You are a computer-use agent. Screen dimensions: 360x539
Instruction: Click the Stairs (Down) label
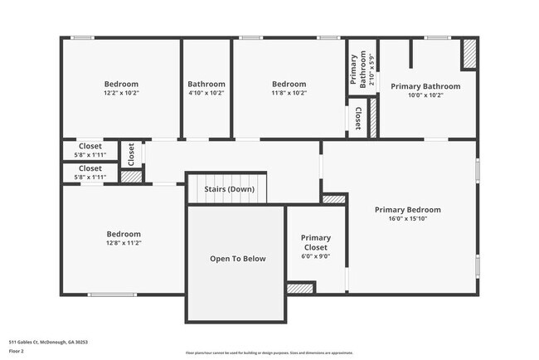[230, 189]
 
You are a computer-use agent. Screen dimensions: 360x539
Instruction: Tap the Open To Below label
[237, 259]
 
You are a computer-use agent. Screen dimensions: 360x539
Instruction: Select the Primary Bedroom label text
[407, 210]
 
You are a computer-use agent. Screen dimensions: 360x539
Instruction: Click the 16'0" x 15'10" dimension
[407, 219]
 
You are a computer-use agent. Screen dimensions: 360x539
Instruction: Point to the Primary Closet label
[315, 242]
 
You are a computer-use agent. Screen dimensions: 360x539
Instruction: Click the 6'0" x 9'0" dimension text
[315, 256]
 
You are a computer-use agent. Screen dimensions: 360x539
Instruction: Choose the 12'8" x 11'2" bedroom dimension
[123, 243]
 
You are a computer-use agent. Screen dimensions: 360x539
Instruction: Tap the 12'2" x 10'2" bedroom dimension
[121, 93]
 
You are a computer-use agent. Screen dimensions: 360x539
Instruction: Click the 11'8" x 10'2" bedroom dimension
[289, 93]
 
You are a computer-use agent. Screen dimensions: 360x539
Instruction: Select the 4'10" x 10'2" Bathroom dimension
[206, 93]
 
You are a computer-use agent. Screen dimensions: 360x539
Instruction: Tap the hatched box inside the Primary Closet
[300, 288]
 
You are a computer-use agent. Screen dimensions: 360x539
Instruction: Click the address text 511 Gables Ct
[48, 341]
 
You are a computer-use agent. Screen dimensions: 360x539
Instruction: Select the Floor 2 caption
[17, 351]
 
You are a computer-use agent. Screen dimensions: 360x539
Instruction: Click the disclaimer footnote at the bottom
[269, 353]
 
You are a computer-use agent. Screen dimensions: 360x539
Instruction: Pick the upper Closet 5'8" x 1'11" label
[90, 150]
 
